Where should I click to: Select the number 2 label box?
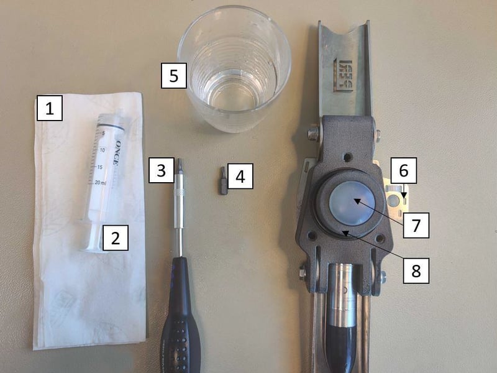[115, 237]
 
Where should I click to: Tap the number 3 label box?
[161, 170]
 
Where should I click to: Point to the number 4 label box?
[240, 177]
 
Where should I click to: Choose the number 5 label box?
[173, 76]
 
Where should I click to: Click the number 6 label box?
[403, 170]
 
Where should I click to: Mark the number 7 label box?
[416, 224]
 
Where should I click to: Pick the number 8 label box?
[416, 270]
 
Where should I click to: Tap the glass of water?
[235, 68]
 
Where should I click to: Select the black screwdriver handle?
[180, 317]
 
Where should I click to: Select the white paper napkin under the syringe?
[90, 292]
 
